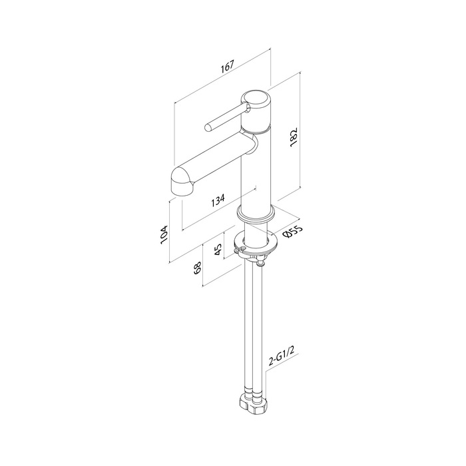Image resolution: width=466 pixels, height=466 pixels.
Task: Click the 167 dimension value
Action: [228, 67]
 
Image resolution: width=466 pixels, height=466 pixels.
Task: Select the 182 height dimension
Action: [294, 137]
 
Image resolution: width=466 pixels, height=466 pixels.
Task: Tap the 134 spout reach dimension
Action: [218, 200]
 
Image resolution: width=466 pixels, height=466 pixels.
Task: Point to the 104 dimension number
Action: [164, 235]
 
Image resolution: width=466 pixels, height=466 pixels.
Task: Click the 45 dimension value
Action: [218, 250]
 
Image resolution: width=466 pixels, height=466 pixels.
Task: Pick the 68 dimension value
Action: [198, 268]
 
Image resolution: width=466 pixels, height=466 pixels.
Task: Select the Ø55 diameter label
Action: [293, 232]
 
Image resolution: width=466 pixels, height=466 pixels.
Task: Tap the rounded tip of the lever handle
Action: [208, 128]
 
